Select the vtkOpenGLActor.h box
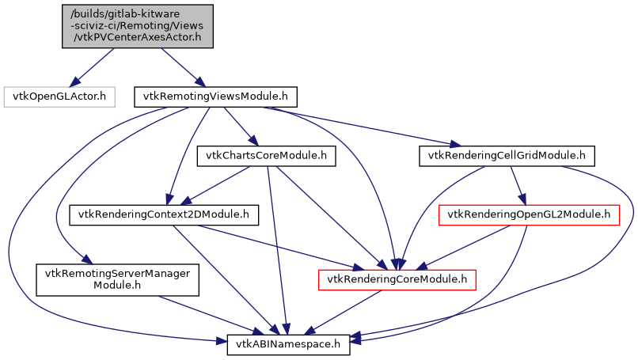[60, 97]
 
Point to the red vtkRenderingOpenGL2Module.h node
[529, 214]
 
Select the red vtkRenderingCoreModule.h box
[397, 279]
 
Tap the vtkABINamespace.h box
[289, 344]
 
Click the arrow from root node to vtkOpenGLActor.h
[93, 66]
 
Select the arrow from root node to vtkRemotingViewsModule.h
[180, 66]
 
